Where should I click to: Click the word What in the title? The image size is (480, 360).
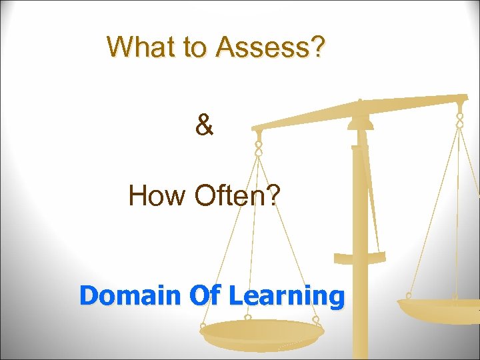[x=137, y=47]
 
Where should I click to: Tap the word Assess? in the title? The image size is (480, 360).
[x=271, y=47]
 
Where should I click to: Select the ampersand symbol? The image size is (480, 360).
[x=205, y=125]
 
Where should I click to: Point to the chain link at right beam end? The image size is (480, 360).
[x=459, y=120]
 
